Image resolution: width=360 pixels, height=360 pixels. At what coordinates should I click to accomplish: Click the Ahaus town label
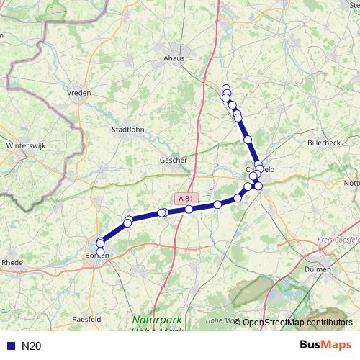click(x=174, y=59)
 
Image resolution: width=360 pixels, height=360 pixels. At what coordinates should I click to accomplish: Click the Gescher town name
click(x=174, y=161)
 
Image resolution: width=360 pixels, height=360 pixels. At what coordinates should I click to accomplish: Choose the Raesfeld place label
click(x=86, y=318)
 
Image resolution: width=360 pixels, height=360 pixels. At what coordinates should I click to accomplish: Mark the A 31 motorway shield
click(x=185, y=198)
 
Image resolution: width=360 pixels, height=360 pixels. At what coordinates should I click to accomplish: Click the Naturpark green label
click(x=157, y=319)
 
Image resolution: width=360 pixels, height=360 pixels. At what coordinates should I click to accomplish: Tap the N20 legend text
click(x=31, y=346)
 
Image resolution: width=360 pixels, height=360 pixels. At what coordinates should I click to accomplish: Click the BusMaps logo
click(x=327, y=345)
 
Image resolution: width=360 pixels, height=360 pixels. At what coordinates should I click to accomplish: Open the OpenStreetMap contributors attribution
click(x=297, y=323)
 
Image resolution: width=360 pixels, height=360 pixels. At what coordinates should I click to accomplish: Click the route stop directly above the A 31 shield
click(x=189, y=209)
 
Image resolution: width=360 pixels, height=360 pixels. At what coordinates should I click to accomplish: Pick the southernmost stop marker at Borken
click(x=100, y=251)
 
